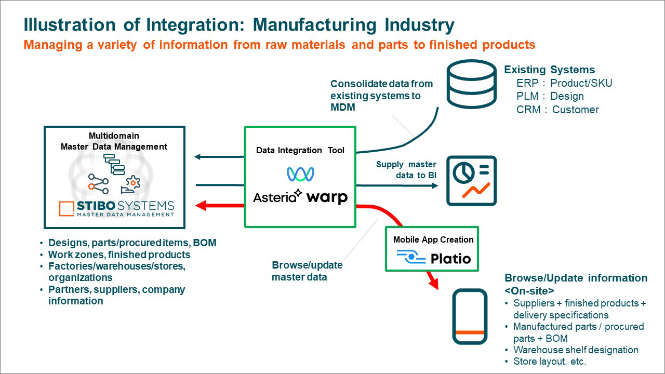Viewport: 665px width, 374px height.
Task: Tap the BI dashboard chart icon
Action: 472,180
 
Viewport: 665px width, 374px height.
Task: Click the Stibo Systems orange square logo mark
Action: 66,208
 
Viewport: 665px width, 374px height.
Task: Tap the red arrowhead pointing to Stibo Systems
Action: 201,206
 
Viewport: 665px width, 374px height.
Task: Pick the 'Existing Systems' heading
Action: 549,70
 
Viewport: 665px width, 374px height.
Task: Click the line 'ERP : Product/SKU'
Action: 564,83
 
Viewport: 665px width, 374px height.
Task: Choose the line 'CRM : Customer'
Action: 557,110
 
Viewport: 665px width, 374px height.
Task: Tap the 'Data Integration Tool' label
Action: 300,150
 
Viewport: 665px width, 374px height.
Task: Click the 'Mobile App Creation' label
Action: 433,239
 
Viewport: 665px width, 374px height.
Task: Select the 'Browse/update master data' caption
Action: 307,271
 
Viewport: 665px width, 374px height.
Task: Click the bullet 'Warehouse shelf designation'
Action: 576,350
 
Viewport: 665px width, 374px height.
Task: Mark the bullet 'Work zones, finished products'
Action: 119,255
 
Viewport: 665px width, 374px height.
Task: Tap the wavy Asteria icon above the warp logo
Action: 300,174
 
